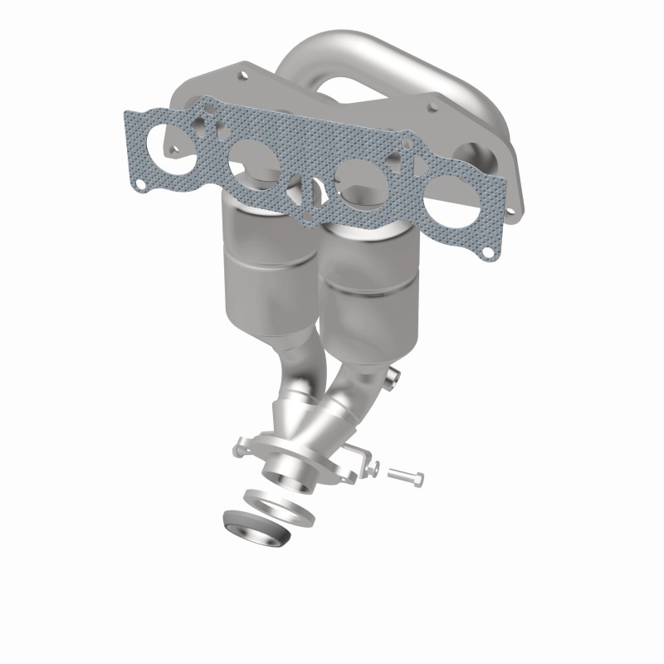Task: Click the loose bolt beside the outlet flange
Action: point(405,476)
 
